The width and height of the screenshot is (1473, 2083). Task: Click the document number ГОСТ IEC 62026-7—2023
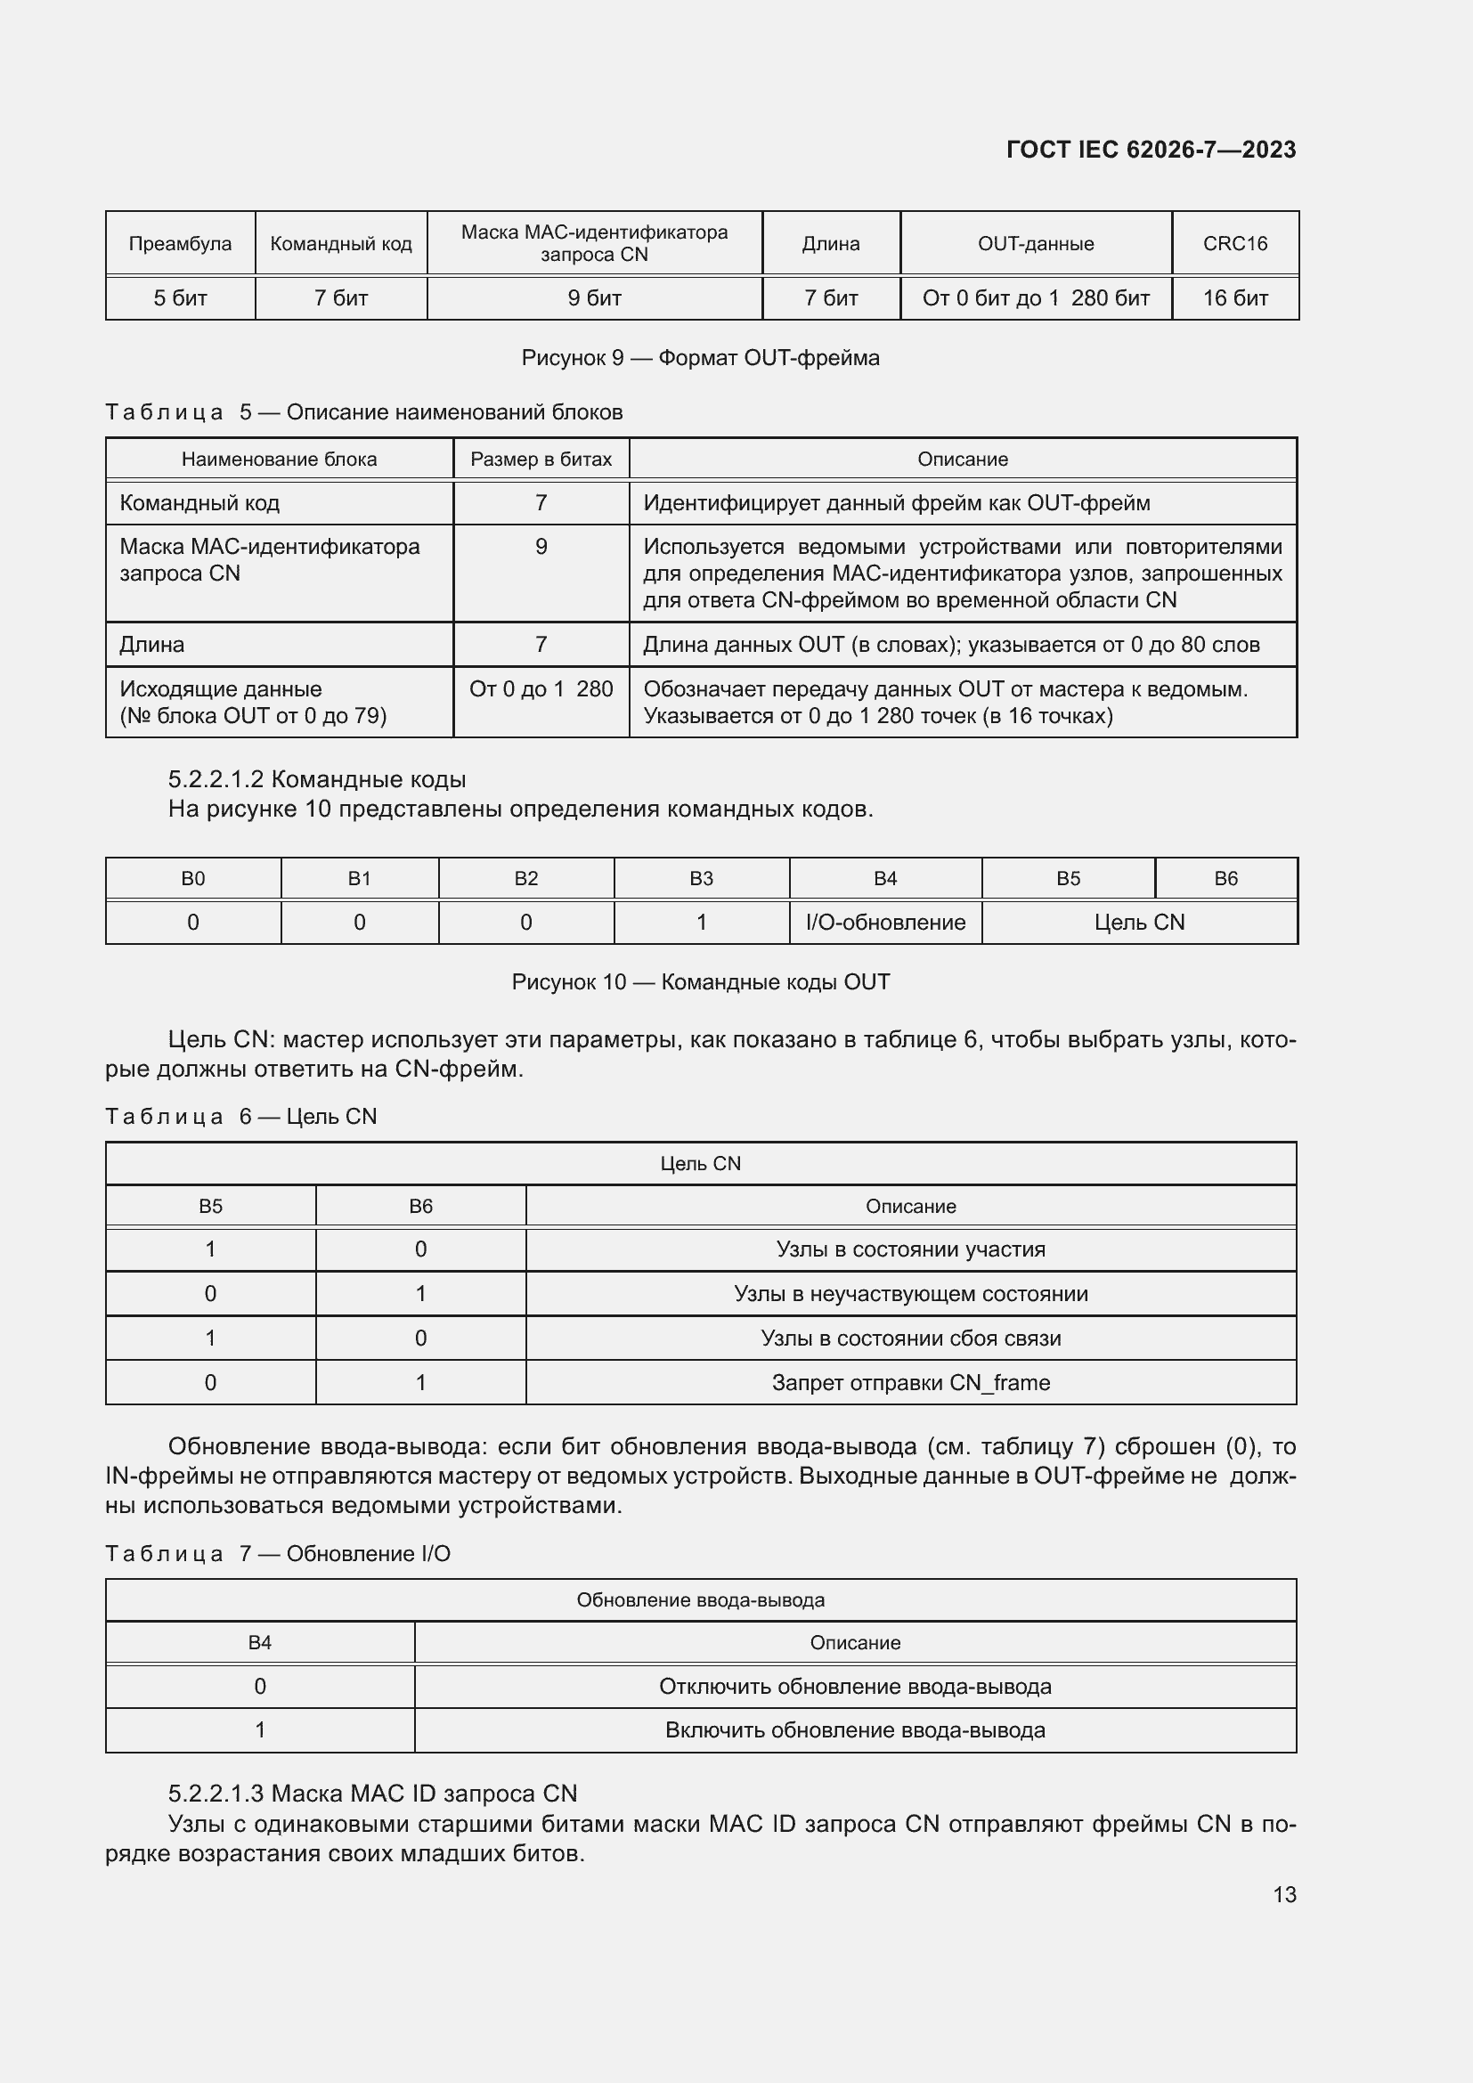click(1150, 150)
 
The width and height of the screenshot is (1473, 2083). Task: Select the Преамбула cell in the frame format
click(180, 243)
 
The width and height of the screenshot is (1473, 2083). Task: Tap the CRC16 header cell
click(1234, 243)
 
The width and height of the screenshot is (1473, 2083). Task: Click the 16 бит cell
click(1234, 298)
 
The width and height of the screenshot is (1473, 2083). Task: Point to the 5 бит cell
click(180, 298)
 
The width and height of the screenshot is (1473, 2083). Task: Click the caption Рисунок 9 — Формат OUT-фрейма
click(700, 357)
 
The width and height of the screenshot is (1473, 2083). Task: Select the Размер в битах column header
click(541, 459)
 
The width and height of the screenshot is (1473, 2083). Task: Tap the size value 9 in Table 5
click(541, 547)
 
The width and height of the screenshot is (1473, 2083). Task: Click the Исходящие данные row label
click(220, 689)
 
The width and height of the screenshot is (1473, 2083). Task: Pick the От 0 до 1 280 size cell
click(541, 689)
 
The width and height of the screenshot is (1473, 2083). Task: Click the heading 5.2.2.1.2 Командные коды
click(316, 779)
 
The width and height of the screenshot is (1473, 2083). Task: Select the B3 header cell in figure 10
click(701, 878)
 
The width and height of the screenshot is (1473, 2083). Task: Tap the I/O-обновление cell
click(885, 923)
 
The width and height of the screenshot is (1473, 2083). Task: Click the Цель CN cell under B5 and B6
click(1139, 923)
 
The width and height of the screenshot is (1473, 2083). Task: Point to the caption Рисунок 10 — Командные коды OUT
click(700, 981)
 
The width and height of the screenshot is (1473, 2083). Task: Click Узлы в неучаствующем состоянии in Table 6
click(911, 1294)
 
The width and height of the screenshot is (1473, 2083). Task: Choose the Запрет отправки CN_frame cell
click(911, 1383)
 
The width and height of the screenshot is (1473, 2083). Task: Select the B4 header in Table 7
click(259, 1642)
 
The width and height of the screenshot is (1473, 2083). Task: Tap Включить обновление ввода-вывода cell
click(854, 1730)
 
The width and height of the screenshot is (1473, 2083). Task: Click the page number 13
click(1284, 1894)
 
